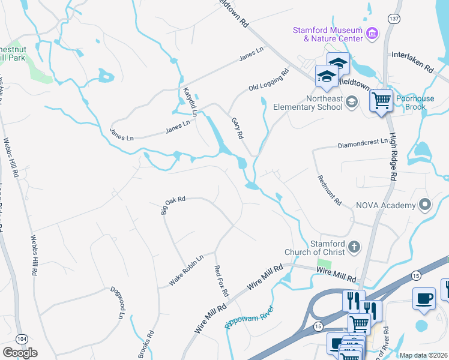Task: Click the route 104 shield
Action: coord(22,339)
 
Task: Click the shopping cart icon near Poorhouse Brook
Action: coord(381,101)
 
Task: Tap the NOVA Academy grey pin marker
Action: coord(426,205)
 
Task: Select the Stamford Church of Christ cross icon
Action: coord(354,246)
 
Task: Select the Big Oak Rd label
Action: coord(173,205)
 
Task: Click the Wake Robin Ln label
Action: coord(186,271)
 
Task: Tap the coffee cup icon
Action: coord(424,299)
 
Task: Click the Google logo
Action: coord(20,353)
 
